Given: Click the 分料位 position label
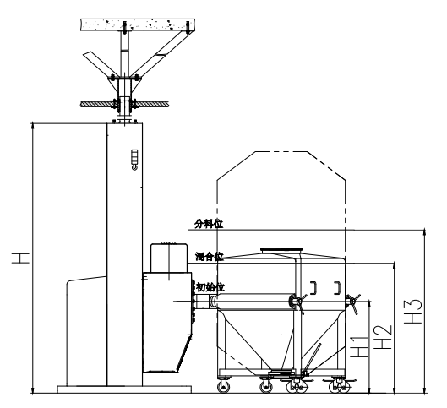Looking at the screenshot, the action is [207, 224].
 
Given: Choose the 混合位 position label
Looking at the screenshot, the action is [209, 256].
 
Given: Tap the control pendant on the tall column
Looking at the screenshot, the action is [134, 159].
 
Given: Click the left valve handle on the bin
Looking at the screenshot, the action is [295, 300].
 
